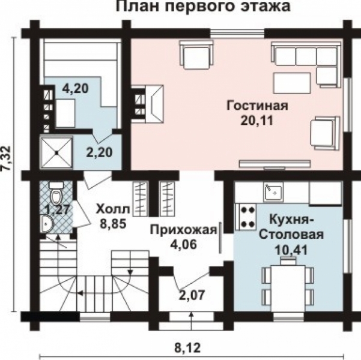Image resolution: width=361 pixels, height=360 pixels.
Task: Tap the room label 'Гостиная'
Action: (x=257, y=106)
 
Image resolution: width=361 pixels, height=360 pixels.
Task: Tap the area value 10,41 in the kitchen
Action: (x=288, y=248)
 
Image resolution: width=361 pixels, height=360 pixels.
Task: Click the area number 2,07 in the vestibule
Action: (x=190, y=295)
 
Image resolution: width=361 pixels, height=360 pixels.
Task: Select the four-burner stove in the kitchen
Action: (x=246, y=216)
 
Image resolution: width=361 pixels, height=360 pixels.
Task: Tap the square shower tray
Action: (x=56, y=152)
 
